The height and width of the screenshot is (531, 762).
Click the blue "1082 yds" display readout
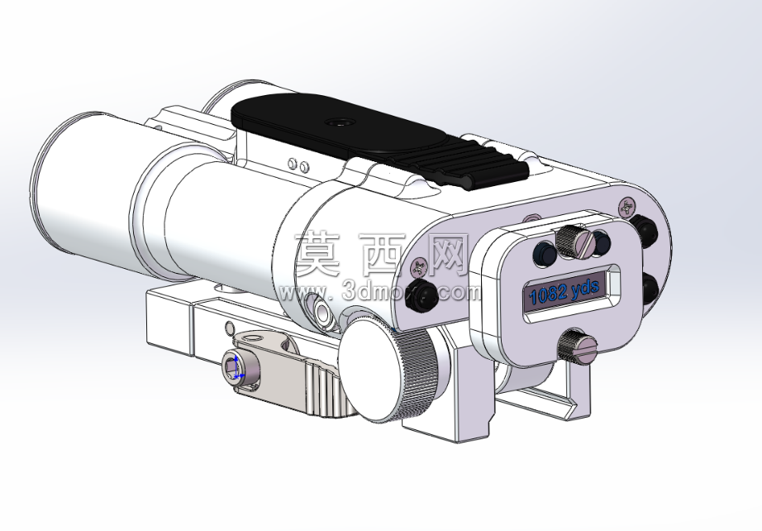pos(564,292)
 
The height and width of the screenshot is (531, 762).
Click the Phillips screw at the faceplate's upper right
pos(628,208)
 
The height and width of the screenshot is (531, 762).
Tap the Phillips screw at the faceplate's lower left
pos(419,266)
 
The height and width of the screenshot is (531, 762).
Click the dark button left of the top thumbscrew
pos(545,253)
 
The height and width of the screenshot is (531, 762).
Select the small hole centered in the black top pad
pos(336,122)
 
